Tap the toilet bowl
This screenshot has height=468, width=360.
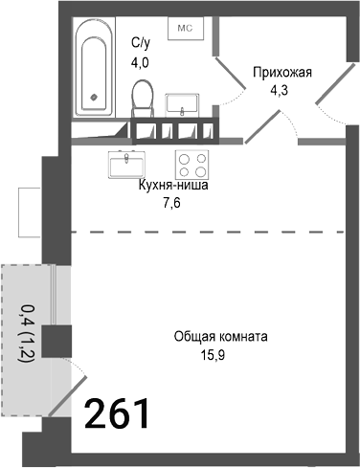coord(144,99)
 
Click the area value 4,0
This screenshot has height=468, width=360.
coord(140,63)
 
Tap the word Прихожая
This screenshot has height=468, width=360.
coord(283,72)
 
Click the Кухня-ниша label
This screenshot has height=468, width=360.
coord(172,187)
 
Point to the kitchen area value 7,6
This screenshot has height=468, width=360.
coord(172,204)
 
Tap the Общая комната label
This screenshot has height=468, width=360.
coord(220,337)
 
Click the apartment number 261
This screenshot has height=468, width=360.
coord(118,413)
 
